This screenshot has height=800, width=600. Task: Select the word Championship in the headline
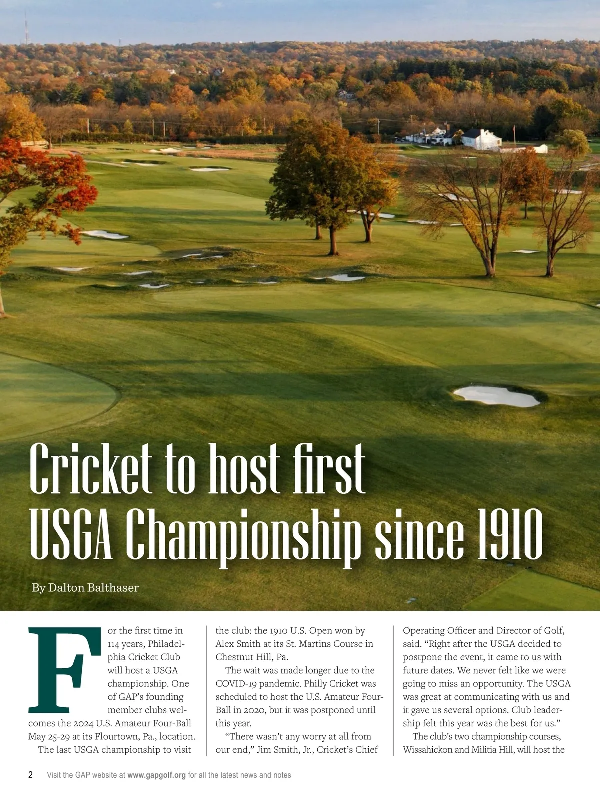pos(243,536)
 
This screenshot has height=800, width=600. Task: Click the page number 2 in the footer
pos(31,775)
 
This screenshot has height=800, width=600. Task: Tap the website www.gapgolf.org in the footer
pos(156,775)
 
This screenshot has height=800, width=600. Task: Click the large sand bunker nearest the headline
pos(496,395)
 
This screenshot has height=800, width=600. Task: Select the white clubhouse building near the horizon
pos(481,139)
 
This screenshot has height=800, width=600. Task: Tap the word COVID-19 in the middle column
pos(236,684)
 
